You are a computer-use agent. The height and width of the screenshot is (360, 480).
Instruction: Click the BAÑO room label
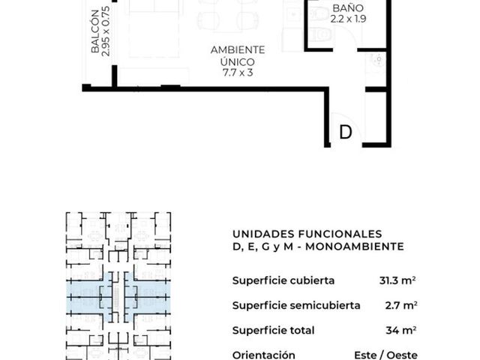point(348,8)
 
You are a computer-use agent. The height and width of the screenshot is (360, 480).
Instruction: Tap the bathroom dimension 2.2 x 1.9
point(348,19)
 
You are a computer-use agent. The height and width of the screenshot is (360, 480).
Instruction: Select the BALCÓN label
point(95,31)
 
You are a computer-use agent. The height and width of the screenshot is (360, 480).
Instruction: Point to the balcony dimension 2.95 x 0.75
point(105,31)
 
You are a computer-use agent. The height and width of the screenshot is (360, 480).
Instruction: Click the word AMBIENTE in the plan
point(238,50)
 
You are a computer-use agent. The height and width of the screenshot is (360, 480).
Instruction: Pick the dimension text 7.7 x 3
point(238,73)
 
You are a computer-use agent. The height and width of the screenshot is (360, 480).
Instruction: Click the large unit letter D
point(346,132)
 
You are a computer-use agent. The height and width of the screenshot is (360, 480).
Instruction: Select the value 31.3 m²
point(397,280)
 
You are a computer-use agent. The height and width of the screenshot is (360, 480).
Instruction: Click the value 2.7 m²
point(401,305)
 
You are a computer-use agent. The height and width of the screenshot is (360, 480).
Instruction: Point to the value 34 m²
point(401,330)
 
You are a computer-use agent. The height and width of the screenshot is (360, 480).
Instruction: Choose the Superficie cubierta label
point(283,280)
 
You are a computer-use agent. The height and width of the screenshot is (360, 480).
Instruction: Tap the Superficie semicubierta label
point(296,305)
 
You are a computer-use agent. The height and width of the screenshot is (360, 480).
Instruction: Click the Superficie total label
point(273,331)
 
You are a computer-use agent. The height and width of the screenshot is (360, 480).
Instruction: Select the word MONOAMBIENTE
point(355,247)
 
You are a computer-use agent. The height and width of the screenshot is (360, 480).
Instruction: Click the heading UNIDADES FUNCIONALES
point(307,234)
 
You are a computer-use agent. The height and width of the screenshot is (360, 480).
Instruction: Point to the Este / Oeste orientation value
point(385,355)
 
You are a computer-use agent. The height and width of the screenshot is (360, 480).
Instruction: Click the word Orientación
point(263,355)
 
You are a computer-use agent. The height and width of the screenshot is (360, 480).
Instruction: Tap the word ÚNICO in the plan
point(238,61)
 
